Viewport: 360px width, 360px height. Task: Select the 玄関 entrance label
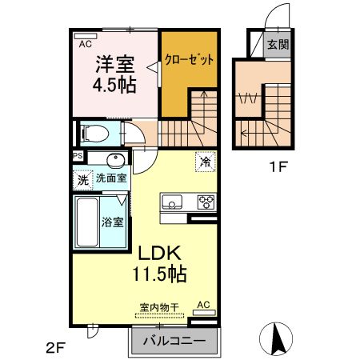pos(278,46)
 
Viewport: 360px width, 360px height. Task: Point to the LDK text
pos(159,250)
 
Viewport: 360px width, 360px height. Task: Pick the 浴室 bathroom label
pos(112,222)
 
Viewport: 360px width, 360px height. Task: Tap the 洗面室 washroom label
pos(111,178)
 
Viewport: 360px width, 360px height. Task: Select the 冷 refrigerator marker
pos(205,162)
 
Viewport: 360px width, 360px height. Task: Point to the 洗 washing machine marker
pos(82,180)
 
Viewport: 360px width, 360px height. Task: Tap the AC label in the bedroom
pos(86,46)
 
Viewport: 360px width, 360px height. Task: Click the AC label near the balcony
pos(203,305)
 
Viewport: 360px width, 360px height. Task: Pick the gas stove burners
pos(206,201)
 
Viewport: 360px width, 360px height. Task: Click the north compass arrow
pos(280,337)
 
